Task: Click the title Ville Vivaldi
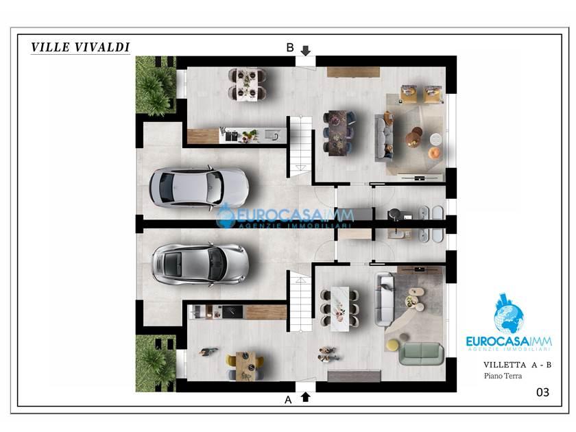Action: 80,47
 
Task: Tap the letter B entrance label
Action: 290,48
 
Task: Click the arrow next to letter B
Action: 306,50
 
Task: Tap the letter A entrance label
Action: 288,400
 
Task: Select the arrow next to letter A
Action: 306,397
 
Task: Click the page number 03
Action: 542,392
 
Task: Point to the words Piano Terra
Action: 503,376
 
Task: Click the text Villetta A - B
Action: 517,365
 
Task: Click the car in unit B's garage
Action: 199,187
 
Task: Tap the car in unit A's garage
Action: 200,264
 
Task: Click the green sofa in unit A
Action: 421,353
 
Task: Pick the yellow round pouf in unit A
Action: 393,344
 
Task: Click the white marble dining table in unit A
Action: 340,309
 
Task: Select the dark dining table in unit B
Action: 337,133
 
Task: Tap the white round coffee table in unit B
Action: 436,139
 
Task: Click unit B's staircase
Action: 301,147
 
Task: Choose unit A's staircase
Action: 301,301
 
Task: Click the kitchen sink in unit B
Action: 272,135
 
